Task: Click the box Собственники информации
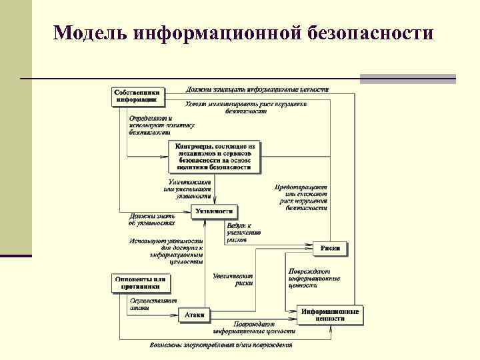click(137, 95)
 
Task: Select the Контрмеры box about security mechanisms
click(215, 157)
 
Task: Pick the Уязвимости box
click(214, 211)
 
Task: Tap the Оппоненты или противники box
click(140, 283)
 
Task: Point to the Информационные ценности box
click(330, 315)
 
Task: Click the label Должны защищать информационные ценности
click(257, 89)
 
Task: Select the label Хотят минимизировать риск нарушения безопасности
click(246, 107)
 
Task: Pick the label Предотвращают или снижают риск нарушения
click(301, 197)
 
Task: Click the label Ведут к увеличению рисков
click(243, 233)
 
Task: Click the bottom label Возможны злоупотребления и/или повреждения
click(221, 345)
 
